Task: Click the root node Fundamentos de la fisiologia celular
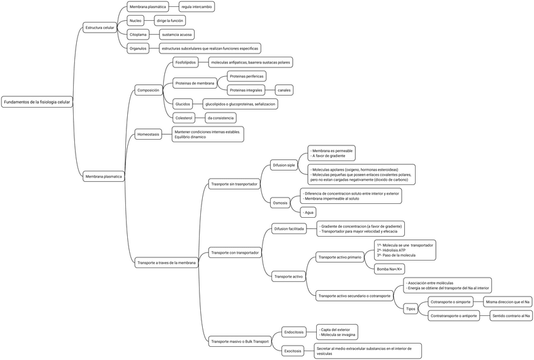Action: [x=38, y=102]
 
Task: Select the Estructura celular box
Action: [x=100, y=28]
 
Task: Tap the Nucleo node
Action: [x=135, y=21]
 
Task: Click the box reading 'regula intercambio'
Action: [x=197, y=7]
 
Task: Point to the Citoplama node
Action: [x=139, y=34]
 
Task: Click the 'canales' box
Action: [x=284, y=90]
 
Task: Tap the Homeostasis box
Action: [x=149, y=134]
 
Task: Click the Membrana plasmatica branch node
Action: [x=103, y=177]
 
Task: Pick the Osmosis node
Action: [x=280, y=203]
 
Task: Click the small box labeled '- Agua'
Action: [x=307, y=212]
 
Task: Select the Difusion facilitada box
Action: [x=289, y=229]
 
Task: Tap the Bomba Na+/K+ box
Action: [x=390, y=269]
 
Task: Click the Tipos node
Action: [x=411, y=308]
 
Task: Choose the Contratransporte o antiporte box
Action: [x=453, y=315]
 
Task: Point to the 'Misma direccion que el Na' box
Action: [x=508, y=302]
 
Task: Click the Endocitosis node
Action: [x=294, y=332]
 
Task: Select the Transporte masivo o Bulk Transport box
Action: [x=240, y=342]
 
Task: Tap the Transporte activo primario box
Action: [x=340, y=257]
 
